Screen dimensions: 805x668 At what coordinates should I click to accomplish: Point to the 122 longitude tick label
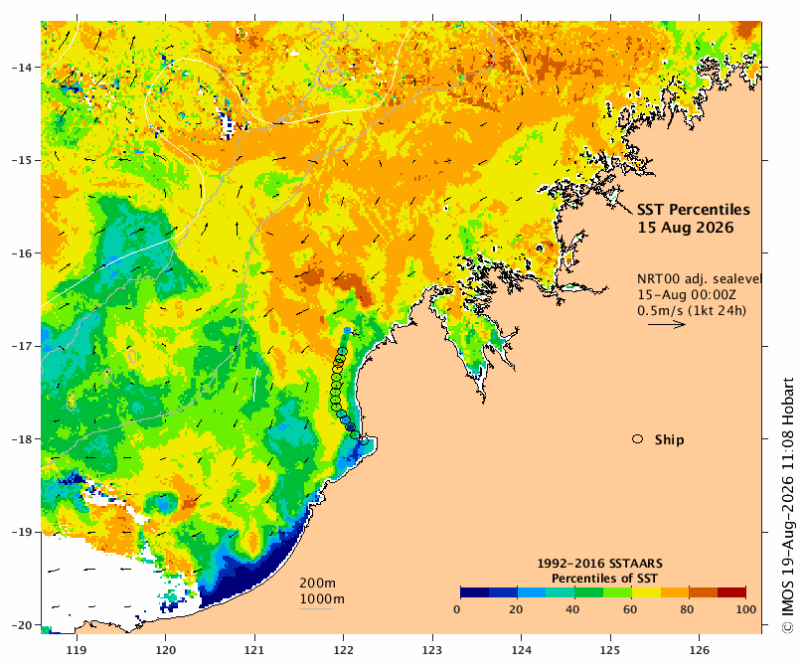pyautogui.click(x=343, y=650)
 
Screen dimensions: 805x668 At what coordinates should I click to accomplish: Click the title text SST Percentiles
pyautogui.click(x=693, y=210)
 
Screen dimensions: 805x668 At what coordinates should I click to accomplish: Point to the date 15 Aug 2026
pyautogui.click(x=686, y=228)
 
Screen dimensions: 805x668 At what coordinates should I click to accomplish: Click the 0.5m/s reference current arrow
pyautogui.click(x=667, y=324)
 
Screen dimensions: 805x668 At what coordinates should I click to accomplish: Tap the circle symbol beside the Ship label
pyautogui.click(x=638, y=439)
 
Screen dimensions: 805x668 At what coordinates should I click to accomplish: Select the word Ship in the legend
pyautogui.click(x=670, y=439)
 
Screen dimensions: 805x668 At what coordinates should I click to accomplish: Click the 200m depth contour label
pyautogui.click(x=317, y=583)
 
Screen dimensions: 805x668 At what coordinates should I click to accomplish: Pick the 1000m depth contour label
pyautogui.click(x=322, y=598)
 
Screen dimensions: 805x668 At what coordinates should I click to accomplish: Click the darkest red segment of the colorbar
pyautogui.click(x=731, y=592)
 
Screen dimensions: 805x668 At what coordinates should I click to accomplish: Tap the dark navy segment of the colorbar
pyautogui.click(x=475, y=592)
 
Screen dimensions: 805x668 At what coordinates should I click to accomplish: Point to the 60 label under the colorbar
pyautogui.click(x=630, y=609)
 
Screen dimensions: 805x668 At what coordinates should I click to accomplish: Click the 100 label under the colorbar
pyautogui.click(x=746, y=609)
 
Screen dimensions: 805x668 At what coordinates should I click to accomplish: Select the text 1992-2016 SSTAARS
pyautogui.click(x=599, y=564)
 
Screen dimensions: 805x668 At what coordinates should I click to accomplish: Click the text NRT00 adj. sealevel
pyautogui.click(x=699, y=278)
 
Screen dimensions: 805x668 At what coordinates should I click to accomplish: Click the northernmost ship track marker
pyautogui.click(x=348, y=330)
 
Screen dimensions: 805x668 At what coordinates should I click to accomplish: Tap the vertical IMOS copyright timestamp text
pyautogui.click(x=788, y=505)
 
